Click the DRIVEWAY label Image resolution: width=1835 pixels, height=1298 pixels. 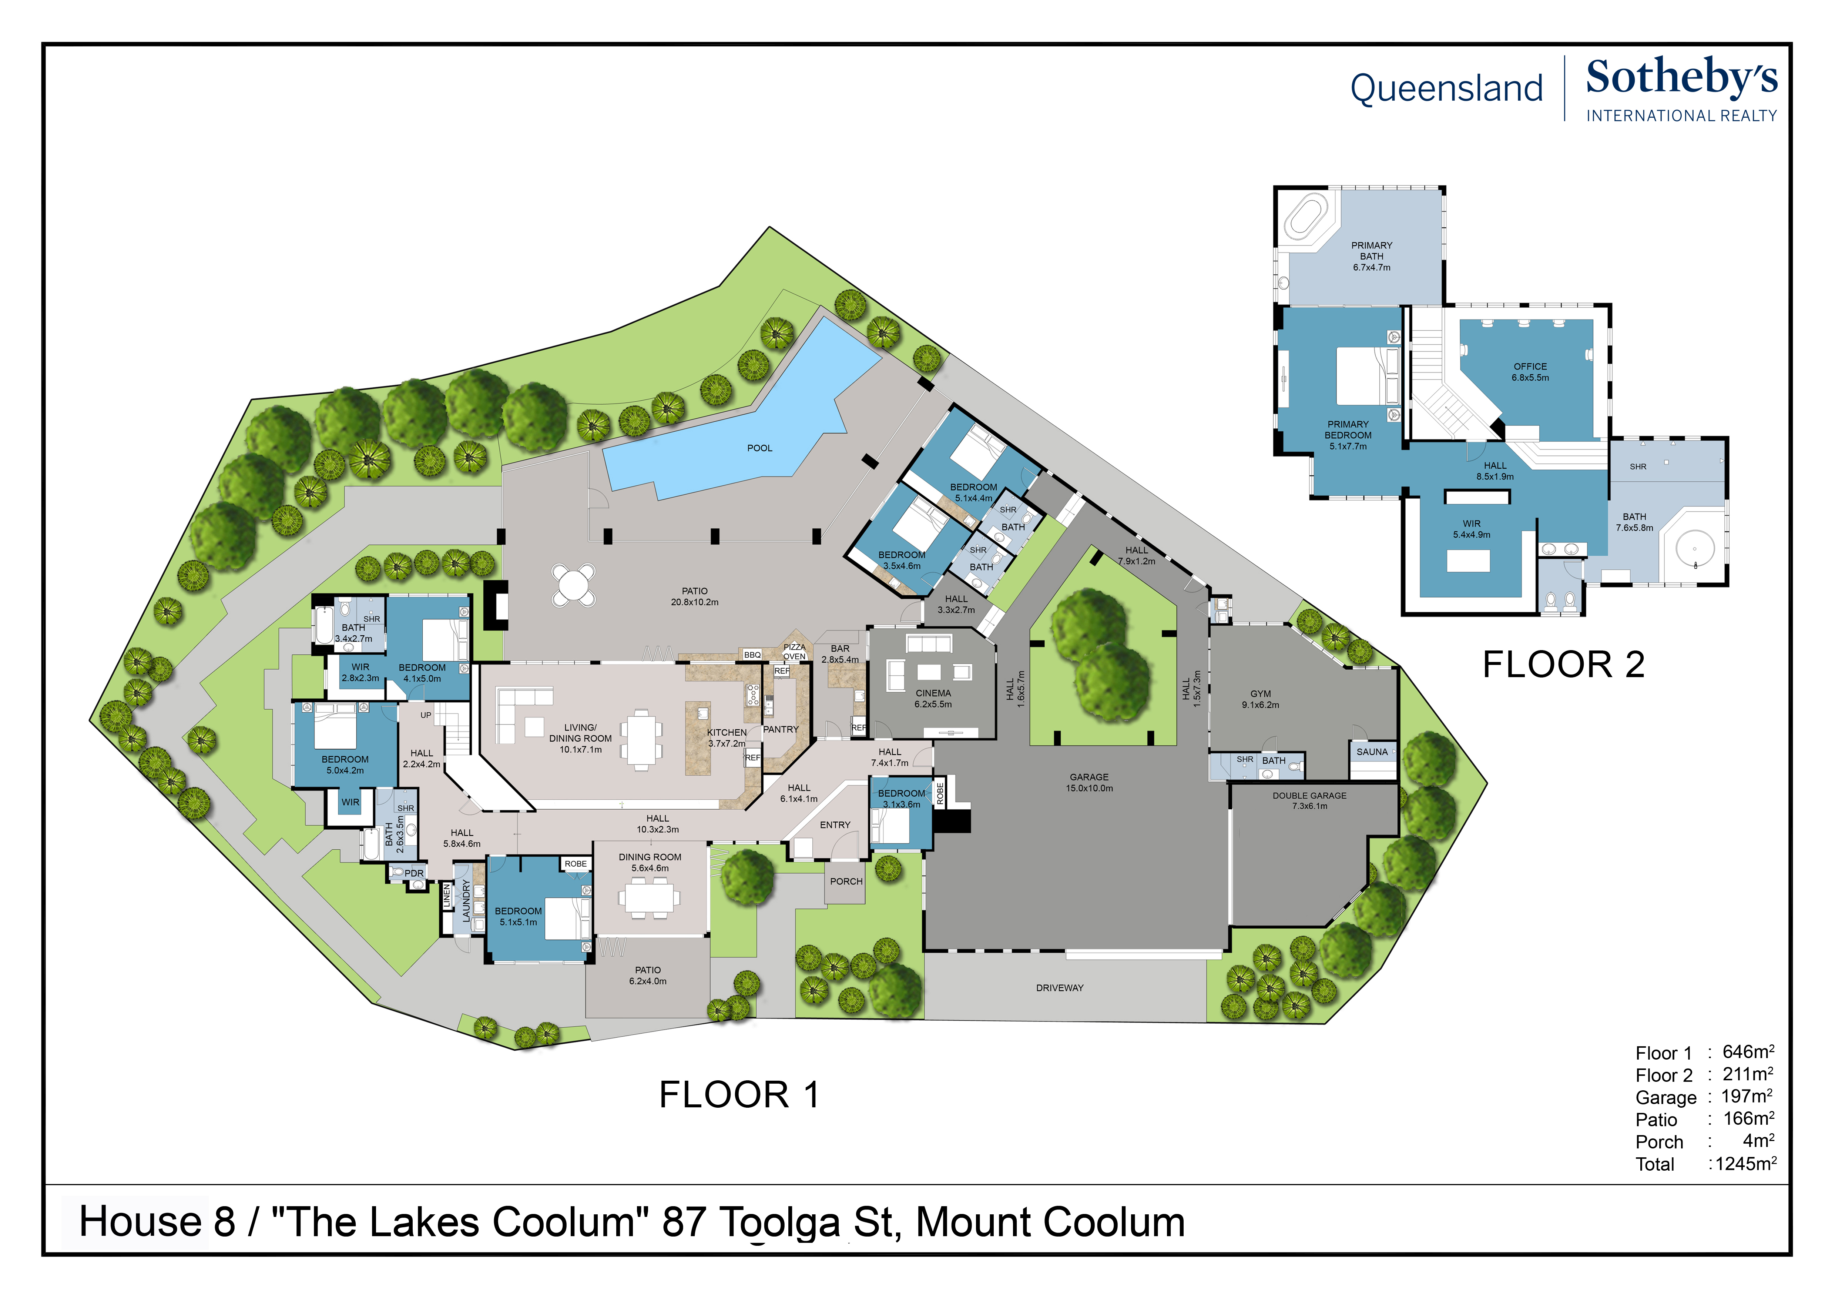click(1060, 988)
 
